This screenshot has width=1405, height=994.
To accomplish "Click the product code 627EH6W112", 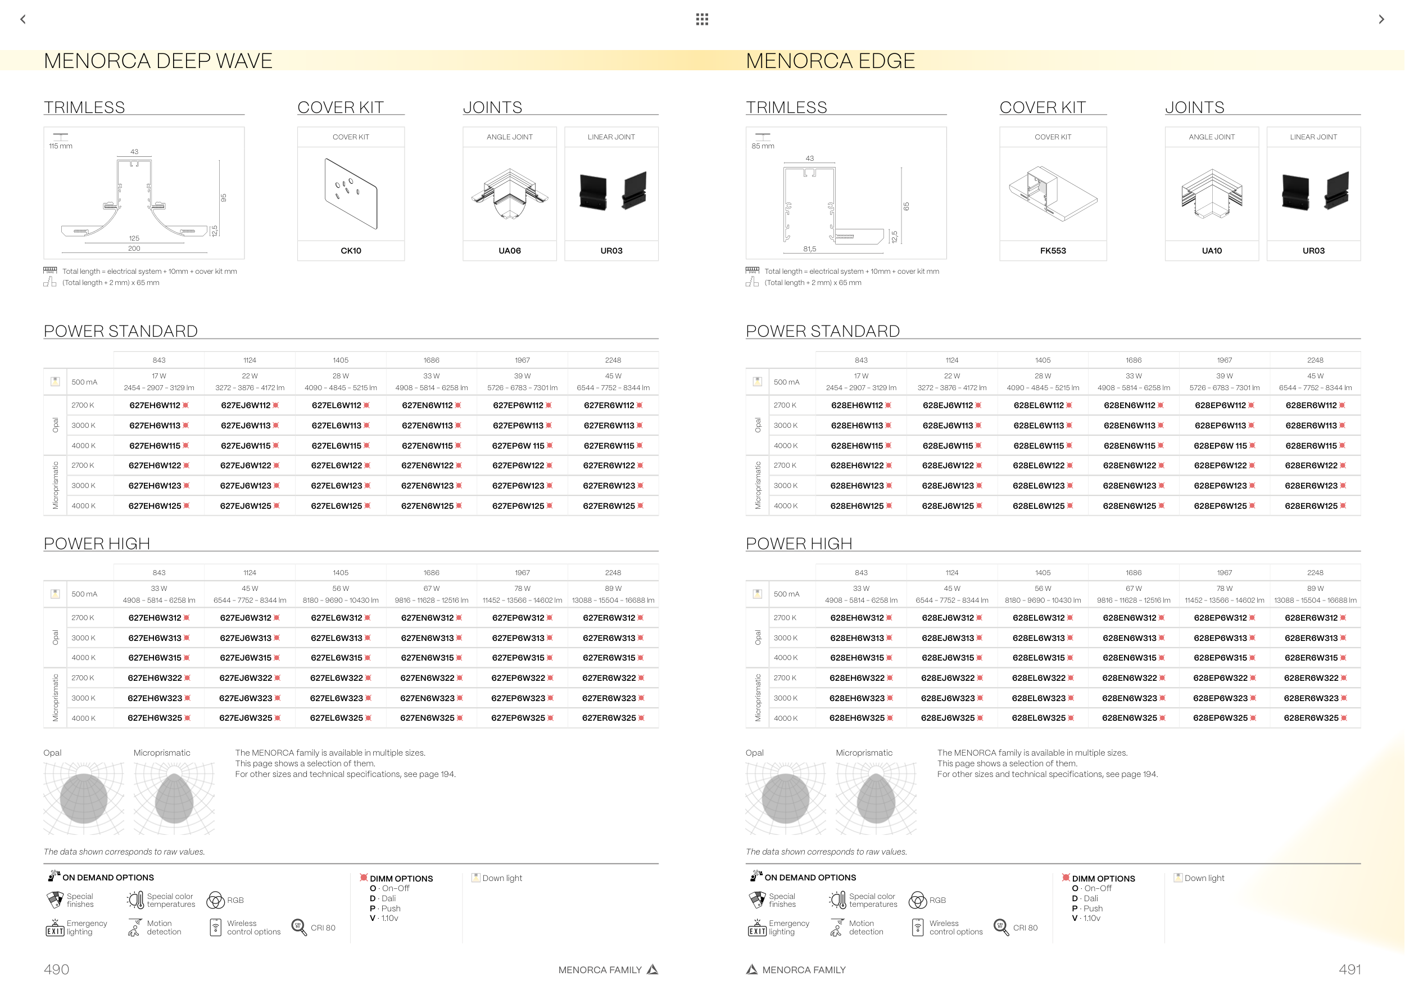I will coord(155,405).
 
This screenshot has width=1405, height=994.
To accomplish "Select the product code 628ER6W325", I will coord(1311,718).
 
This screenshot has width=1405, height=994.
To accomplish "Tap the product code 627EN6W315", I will coord(427,658).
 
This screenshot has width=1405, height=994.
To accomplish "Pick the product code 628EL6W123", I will coord(1039,486).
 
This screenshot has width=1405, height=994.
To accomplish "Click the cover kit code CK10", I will coord(351,251).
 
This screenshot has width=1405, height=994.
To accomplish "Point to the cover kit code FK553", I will coord(1053,251).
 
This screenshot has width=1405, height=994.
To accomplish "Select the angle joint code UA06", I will coord(509,251).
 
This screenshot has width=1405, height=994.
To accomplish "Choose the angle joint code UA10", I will coord(1211,251).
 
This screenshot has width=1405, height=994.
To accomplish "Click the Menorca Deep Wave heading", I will coord(158,61).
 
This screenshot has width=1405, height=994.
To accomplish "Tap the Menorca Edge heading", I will coord(830,61).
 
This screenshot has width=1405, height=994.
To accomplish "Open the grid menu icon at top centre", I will coord(702,20).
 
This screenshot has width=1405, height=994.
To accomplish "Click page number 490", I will coord(56,969).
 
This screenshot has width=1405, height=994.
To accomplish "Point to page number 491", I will coord(1349,969).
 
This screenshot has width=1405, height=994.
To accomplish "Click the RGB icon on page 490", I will coord(215,900).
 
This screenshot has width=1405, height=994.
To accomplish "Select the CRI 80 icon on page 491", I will coord(1000,927).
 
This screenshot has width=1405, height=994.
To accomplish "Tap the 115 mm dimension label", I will coord(61,146).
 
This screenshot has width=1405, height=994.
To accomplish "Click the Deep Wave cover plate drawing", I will coord(351,194).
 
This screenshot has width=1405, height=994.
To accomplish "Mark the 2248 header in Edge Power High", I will coord(1315,573).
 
